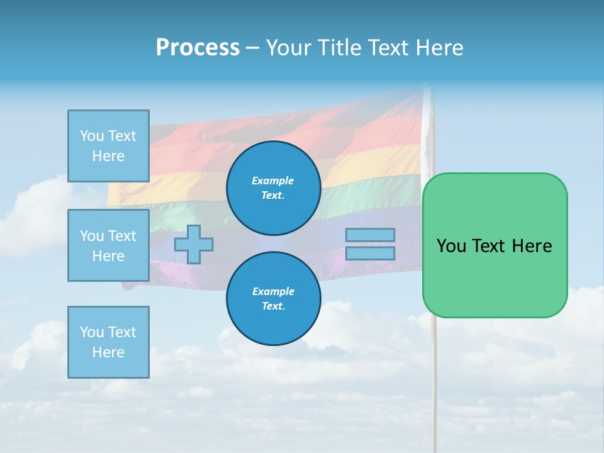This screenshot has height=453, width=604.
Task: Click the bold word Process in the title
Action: pos(198,48)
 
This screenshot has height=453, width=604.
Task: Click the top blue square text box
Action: pos(108,145)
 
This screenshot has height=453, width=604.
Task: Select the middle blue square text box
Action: pos(108,245)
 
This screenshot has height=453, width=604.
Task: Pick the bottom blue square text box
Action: pos(108,342)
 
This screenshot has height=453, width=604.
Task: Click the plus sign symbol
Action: pos(194,244)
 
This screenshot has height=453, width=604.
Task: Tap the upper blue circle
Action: pos(273,187)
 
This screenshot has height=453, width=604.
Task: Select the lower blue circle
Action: pos(273,298)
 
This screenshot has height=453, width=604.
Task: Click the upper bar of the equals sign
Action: pos(370,235)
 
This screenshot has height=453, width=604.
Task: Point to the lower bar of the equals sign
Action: pos(370,253)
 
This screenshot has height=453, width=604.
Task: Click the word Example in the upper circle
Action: pos(273,181)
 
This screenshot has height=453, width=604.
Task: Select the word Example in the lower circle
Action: pos(273,291)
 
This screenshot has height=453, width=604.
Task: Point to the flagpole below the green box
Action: pos(433,377)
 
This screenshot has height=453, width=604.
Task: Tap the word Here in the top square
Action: pos(108,156)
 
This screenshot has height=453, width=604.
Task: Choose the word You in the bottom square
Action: pos(92,332)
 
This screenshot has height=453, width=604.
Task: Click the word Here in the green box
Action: pos(532,246)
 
